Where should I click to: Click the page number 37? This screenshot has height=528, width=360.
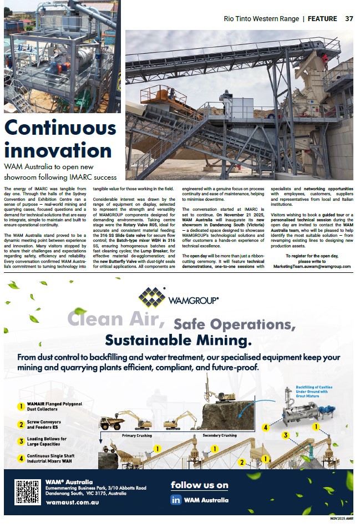pyautogui.click(x=349, y=18)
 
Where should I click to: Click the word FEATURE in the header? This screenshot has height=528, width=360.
pyautogui.click(x=322, y=18)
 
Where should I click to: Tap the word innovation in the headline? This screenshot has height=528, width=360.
pyautogui.click(x=58, y=150)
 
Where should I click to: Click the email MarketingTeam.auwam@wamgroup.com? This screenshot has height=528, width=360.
pyautogui.click(x=312, y=266)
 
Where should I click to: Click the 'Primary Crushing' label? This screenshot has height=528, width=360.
pyautogui.click(x=137, y=435)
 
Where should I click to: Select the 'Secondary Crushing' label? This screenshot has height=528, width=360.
pyautogui.click(x=220, y=435)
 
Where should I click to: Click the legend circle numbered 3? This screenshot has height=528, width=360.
pyautogui.click(x=21, y=441)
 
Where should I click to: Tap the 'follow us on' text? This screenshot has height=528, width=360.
pyautogui.click(x=199, y=485)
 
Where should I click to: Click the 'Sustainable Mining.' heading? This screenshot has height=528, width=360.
pyautogui.click(x=178, y=339)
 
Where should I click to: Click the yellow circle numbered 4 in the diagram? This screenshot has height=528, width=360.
pyautogui.click(x=266, y=428)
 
